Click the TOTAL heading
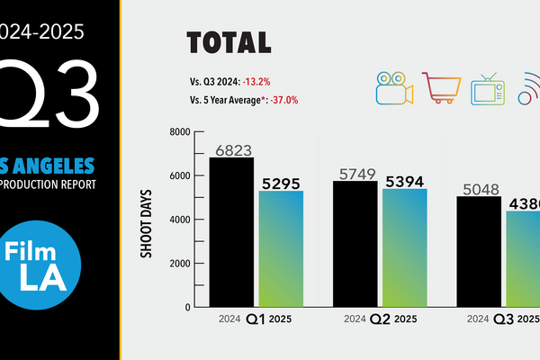coord(228,42)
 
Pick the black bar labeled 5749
coord(355,244)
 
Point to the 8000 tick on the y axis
coord(180,132)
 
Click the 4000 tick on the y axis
coord(180,220)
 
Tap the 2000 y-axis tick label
coord(180,264)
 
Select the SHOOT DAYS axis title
coord(146,221)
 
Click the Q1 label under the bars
coord(256,319)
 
